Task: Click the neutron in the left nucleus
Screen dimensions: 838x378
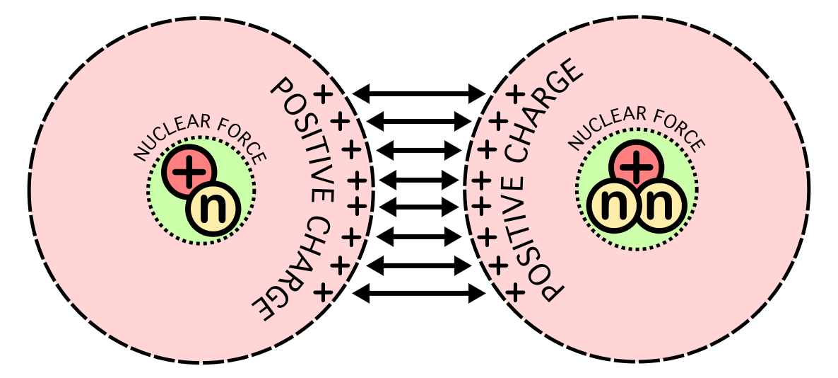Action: pos(213,208)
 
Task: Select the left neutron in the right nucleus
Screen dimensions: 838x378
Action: pos(611,205)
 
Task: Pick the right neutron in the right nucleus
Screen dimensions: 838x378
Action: pos(661,205)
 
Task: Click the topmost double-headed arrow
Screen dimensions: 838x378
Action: pos(420,93)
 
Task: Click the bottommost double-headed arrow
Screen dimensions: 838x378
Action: pos(420,293)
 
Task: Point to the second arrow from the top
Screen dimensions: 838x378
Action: pos(420,122)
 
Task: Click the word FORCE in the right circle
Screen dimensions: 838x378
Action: pos(679,127)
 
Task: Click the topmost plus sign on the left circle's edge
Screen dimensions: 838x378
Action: pos(322,95)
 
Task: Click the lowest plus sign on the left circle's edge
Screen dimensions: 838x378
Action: pos(322,292)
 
